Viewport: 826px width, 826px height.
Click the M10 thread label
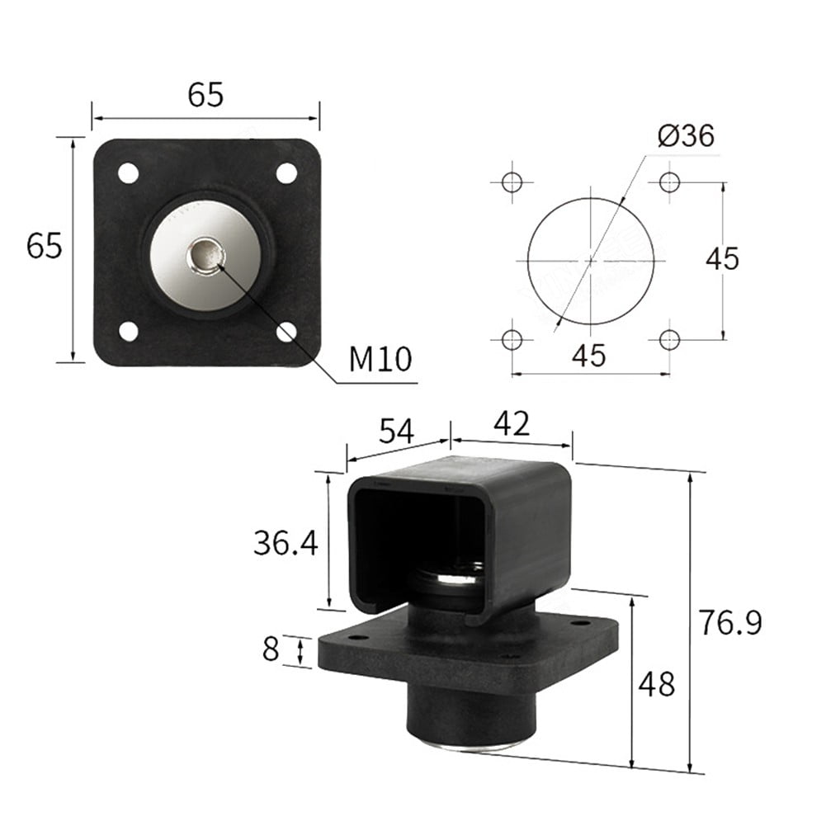380,360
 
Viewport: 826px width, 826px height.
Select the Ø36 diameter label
686,135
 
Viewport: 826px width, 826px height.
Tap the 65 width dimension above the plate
205,96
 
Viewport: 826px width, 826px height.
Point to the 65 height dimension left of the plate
44,246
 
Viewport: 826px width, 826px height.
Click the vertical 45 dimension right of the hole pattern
722,258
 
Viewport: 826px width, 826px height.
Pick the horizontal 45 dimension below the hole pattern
589,356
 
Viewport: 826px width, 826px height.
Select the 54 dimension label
398,431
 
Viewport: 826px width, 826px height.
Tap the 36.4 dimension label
286,542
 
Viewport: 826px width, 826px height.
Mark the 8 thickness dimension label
271,649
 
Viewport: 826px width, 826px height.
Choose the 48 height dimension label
657,684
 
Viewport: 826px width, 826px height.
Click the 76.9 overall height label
729,622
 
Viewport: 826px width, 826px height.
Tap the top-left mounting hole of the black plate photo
128,173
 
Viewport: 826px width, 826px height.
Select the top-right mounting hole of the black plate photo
286,173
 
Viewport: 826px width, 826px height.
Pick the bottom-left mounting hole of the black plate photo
128,331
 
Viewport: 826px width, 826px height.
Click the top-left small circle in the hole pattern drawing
512,182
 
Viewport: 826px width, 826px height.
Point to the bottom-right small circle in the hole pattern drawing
669,338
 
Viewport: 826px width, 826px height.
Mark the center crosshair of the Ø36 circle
591,260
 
